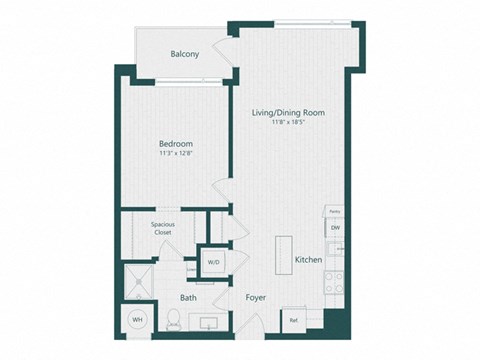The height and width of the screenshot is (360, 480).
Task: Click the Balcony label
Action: point(185,54)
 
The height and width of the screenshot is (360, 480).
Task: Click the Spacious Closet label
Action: point(164,229)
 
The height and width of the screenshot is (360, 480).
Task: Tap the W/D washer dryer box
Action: point(214,262)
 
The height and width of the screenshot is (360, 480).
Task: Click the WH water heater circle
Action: point(137,320)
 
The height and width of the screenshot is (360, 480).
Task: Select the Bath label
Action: point(188,298)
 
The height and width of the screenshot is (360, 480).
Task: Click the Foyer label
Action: point(255,298)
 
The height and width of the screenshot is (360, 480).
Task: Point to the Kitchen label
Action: point(308,260)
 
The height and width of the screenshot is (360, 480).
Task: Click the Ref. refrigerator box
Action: point(294,320)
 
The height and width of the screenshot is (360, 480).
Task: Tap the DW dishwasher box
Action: point(335,229)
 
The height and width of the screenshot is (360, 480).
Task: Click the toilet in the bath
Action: point(172,320)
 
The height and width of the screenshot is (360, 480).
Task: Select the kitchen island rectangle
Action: point(283,254)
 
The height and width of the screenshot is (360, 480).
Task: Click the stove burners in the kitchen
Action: point(336,281)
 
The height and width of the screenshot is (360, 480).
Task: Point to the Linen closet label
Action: point(191,269)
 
